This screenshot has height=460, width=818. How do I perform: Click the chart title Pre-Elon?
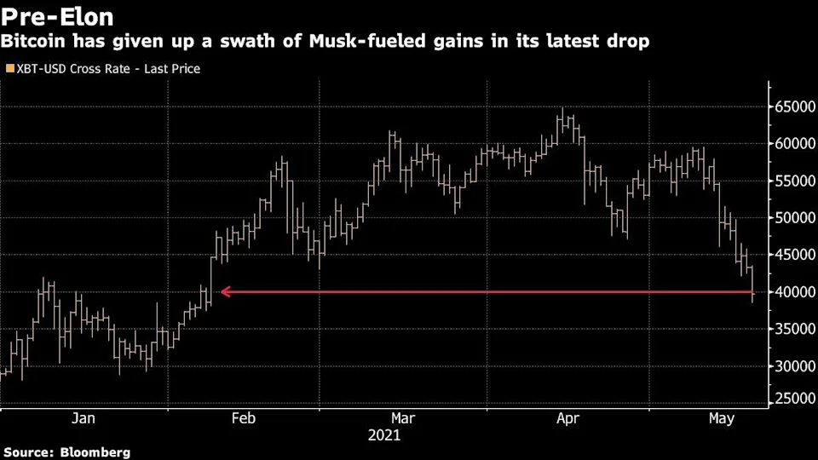(57, 16)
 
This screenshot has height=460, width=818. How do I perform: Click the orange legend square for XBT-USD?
(9, 68)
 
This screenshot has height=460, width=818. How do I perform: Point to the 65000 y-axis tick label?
(794, 106)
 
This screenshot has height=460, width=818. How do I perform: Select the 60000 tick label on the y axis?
(794, 144)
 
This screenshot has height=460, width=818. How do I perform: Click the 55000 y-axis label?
(794, 181)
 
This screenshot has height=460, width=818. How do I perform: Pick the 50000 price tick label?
(794, 218)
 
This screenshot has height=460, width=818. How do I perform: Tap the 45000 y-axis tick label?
(794, 255)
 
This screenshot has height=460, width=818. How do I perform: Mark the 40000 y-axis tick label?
(794, 292)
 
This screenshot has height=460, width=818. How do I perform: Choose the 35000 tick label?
(794, 329)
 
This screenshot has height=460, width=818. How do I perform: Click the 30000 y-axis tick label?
(794, 366)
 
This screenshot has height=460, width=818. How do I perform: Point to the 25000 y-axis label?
(794, 398)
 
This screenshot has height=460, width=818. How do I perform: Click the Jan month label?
(83, 418)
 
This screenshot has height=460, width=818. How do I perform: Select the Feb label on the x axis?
(244, 418)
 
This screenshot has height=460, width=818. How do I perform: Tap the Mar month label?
(402, 418)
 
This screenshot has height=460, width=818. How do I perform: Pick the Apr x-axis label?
(567, 418)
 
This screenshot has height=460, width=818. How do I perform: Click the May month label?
(722, 418)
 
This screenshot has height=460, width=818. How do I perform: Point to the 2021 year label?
(383, 435)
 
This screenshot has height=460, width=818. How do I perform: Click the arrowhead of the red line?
(225, 292)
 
